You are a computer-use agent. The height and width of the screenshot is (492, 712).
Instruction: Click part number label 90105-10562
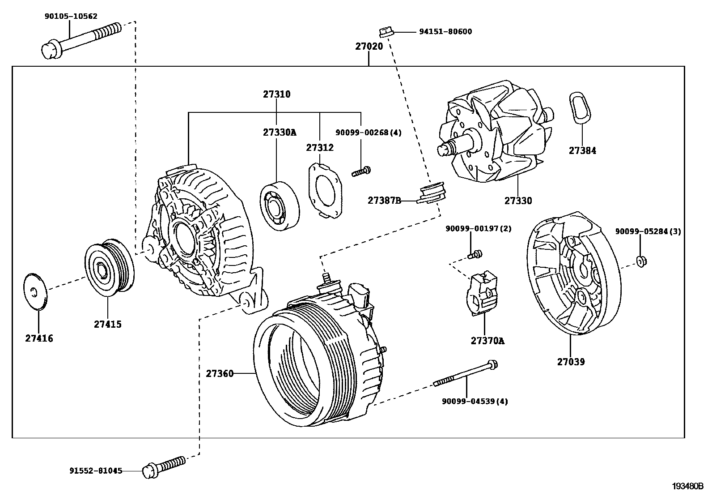pos(71,17)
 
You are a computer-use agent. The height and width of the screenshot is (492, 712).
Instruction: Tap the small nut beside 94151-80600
pos(386,32)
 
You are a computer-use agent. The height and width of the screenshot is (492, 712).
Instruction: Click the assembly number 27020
pos(369,46)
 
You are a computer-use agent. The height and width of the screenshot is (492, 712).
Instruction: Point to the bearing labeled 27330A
pos(280,206)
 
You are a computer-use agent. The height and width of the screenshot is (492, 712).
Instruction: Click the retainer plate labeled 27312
pos(325,189)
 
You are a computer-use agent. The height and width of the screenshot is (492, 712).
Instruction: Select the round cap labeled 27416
pos(35,291)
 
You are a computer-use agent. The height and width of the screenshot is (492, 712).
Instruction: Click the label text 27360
pos(220,373)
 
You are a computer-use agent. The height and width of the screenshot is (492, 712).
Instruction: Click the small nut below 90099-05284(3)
pos(641,261)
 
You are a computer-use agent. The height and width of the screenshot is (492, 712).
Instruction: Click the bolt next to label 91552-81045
pos(163,465)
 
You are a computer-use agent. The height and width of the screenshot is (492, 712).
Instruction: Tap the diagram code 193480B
pos(687,486)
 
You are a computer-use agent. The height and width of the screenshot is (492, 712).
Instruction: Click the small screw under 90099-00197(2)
pos(475,255)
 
